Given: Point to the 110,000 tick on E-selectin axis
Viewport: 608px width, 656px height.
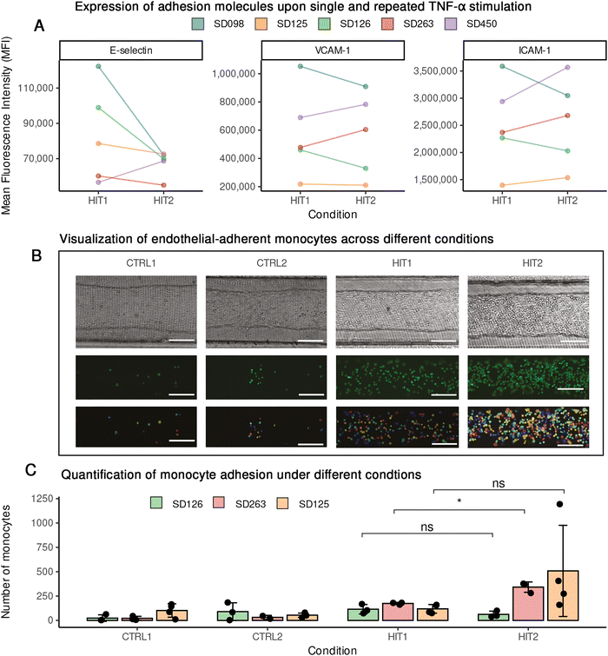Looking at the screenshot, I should pyautogui.click(x=32, y=88).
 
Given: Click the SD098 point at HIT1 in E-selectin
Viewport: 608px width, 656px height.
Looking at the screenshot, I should pyautogui.click(x=99, y=66).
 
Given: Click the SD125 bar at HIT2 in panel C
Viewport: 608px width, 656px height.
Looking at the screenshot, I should pyautogui.click(x=562, y=595).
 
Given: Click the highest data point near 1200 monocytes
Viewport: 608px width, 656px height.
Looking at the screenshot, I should pyautogui.click(x=560, y=503).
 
